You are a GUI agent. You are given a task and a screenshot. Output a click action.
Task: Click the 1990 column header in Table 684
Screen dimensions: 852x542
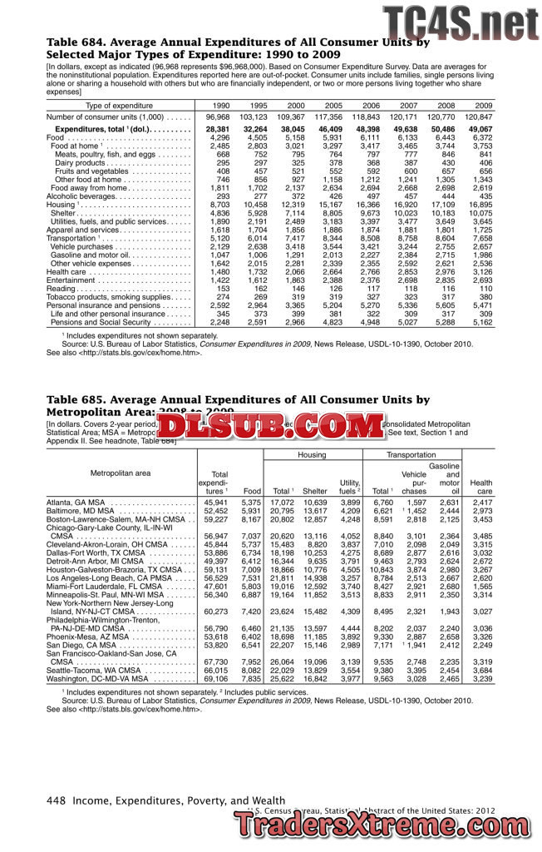221,106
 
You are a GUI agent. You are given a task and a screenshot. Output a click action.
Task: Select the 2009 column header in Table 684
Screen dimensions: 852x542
483,106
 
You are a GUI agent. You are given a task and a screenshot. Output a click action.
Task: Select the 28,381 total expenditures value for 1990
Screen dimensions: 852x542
218,130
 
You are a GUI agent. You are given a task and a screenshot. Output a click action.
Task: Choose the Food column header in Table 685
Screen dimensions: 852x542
252,492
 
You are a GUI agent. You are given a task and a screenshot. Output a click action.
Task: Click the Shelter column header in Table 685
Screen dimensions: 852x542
315,492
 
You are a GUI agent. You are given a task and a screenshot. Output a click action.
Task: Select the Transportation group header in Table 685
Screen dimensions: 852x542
411,455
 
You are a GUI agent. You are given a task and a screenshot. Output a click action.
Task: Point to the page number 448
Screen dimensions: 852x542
57,800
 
